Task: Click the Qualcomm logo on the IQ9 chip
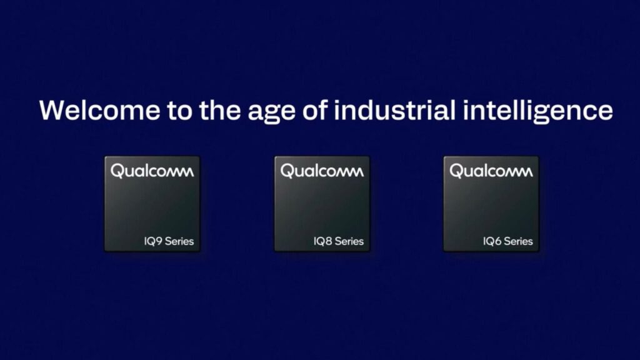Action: (x=152, y=171)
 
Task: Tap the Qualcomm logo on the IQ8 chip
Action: (x=322, y=171)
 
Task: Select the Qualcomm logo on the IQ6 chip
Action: (x=491, y=171)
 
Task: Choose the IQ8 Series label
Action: (x=338, y=241)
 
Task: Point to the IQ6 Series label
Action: (x=507, y=241)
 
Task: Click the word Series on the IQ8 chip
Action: (x=348, y=241)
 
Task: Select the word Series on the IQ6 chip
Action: (x=517, y=241)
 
